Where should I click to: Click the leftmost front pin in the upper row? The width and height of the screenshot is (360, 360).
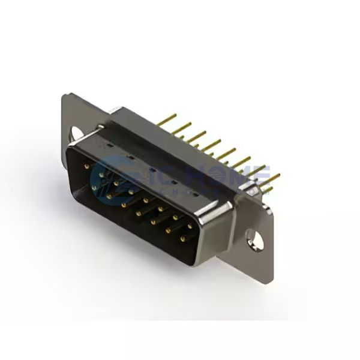click(x=88, y=163)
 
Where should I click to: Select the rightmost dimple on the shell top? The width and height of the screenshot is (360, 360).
click(x=193, y=195)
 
